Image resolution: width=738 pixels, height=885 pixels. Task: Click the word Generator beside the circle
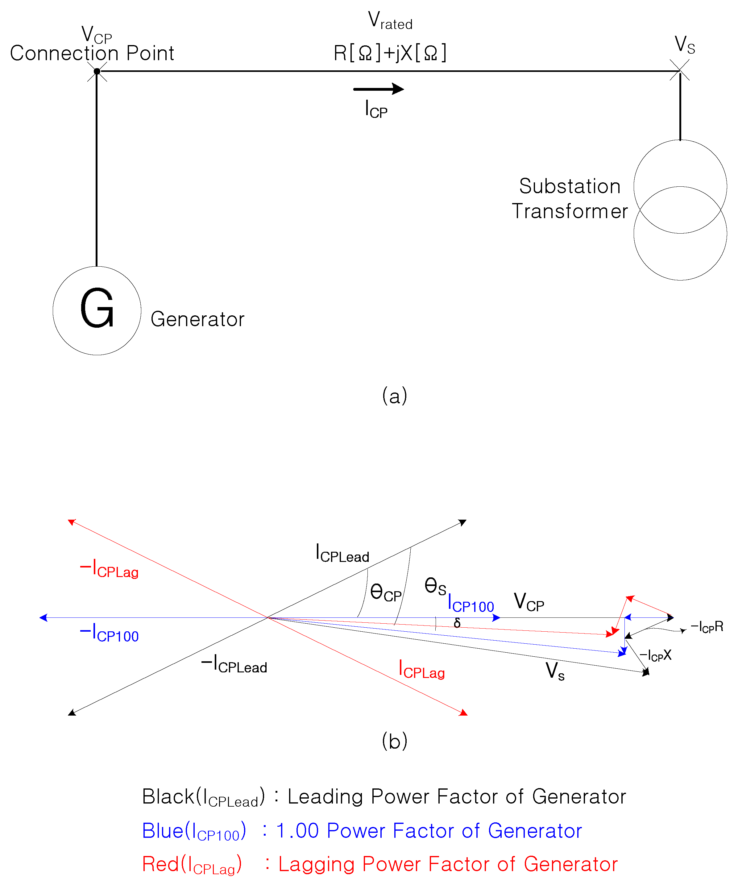click(197, 319)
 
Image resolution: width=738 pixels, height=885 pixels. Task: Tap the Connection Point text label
click(92, 53)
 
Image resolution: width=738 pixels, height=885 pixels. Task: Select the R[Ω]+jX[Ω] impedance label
click(390, 53)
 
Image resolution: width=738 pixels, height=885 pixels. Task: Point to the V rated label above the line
click(390, 21)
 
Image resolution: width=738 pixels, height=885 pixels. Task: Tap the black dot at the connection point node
click(97, 71)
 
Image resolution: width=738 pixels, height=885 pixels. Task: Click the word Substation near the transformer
click(570, 186)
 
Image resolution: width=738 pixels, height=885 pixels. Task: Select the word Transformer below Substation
click(570, 211)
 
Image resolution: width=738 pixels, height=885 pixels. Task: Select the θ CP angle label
click(386, 592)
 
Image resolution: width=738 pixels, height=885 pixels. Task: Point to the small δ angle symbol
click(457, 623)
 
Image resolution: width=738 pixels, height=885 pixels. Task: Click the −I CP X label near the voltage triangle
click(655, 655)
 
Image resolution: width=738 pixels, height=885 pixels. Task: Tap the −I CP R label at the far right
click(707, 627)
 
